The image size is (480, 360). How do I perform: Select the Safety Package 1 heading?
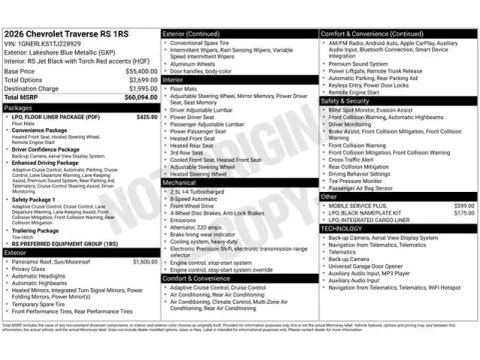pyautogui.click(x=37, y=199)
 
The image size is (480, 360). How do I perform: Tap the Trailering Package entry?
pyautogui.click(x=39, y=229)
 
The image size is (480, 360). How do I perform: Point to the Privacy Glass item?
pyautogui.click(x=30, y=268)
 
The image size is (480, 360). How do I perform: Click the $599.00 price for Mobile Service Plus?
pyautogui.click(x=463, y=204)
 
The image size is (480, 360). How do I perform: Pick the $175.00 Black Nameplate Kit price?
pyautogui.click(x=463, y=212)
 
